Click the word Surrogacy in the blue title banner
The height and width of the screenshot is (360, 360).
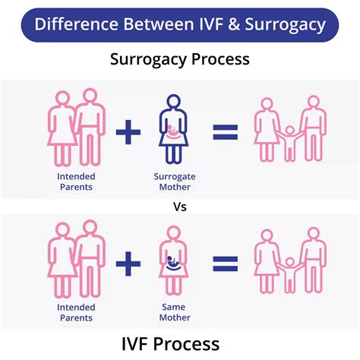click(x=286, y=25)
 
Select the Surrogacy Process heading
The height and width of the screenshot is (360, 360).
click(x=180, y=58)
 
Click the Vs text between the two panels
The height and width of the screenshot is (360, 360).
click(x=180, y=206)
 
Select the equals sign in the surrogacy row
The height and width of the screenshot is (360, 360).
click(x=225, y=134)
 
